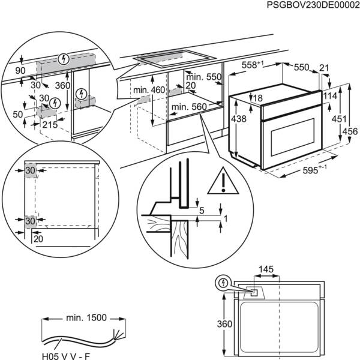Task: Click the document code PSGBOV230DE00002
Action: pos(309,5)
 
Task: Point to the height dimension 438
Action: pos(239,119)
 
